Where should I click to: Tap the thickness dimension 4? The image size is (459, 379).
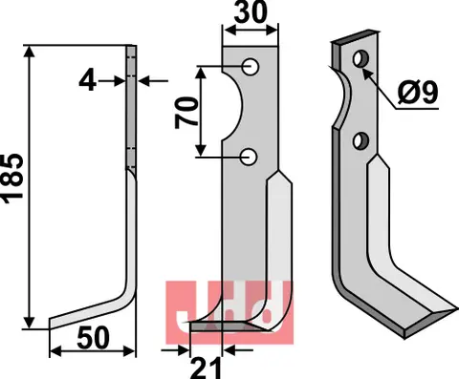[89, 82]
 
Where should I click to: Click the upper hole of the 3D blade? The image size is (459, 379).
[361, 61]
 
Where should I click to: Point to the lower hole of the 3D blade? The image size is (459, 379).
[361, 141]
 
